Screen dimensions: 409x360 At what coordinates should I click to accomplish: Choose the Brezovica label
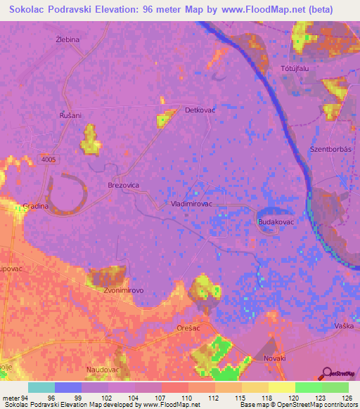pyautogui.click(x=124, y=183)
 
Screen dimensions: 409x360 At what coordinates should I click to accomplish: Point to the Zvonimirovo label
pyautogui.click(x=124, y=290)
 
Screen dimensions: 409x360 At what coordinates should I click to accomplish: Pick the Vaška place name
pyautogui.click(x=344, y=326)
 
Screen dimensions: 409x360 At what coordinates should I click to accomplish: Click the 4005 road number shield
pyautogui.click(x=49, y=160)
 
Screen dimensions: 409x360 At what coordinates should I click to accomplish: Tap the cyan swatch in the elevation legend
pyautogui.click(x=41, y=387)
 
